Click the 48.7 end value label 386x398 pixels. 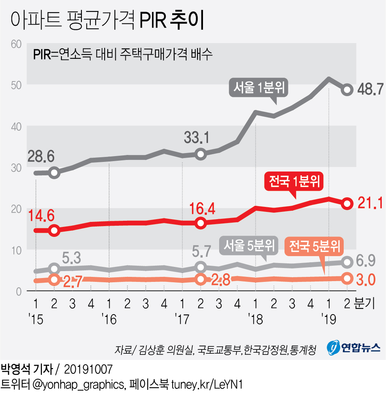coord(370,90)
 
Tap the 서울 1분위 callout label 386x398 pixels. coord(259,89)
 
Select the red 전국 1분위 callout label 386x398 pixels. coord(295,181)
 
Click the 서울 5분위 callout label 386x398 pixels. coord(249,245)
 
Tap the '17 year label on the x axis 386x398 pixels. coord(182,318)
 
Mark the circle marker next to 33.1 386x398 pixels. coord(200,154)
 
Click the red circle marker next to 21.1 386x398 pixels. coord(347,203)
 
